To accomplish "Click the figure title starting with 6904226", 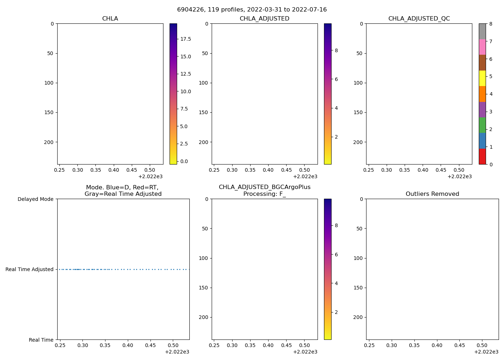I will (252, 10).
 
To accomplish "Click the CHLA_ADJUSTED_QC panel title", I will (419, 19).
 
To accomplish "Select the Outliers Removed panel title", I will (432, 194).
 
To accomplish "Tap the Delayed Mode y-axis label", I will (35, 199).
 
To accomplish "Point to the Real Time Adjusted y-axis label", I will (30, 269).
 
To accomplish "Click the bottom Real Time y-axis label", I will (41, 340).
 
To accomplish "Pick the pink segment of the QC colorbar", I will (482, 47).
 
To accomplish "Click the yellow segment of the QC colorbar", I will (482, 78).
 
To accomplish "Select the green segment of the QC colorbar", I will (482, 125).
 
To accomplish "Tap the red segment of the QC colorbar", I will (482, 157).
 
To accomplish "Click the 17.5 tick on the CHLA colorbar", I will (186, 39).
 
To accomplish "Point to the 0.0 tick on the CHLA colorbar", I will (184, 161).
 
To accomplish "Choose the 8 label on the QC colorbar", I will (490, 24).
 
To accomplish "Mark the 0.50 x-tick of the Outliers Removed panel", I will (482, 346).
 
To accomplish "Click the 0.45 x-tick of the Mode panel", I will (150, 346).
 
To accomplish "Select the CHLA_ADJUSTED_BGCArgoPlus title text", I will (264, 187).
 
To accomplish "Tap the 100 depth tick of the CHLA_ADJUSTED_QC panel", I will (359, 83).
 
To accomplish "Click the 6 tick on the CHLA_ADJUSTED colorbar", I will (336, 79).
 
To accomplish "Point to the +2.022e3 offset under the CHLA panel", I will (150, 176).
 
